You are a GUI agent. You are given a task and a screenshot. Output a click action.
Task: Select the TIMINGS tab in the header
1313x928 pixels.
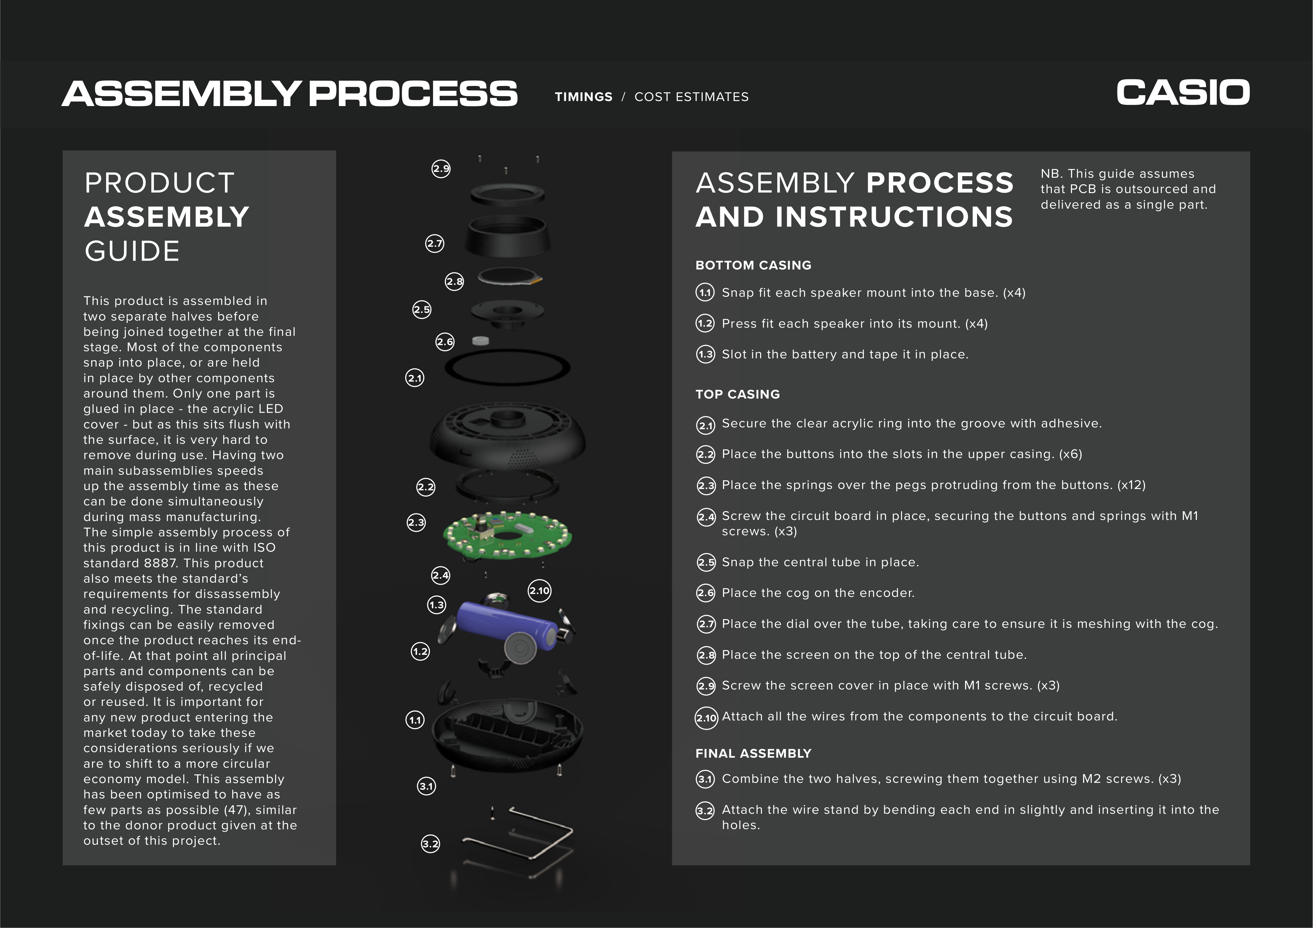coord(583,97)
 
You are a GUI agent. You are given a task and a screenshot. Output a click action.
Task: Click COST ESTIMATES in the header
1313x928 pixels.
coord(691,97)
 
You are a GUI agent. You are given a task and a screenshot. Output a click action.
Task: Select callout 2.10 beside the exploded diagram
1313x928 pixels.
coord(539,591)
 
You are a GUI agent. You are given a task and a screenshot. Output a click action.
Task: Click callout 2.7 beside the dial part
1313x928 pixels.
coord(435,244)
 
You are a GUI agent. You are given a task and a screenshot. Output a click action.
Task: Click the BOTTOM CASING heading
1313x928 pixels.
coord(753,265)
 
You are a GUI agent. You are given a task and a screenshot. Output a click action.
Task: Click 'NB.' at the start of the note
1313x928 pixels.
coord(1051,174)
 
